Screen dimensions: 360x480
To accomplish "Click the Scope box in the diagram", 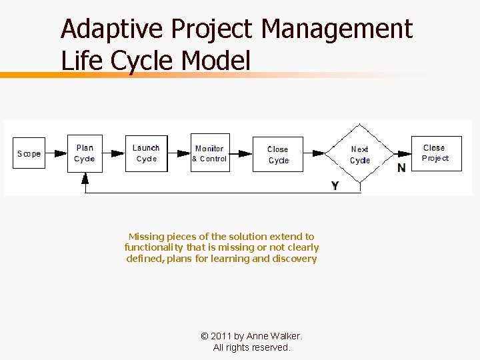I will tap(29, 153).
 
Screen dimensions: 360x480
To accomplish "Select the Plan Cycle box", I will tap(85, 153).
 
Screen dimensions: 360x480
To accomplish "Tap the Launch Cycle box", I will tap(146, 153).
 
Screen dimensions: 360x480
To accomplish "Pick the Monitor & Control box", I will tap(210, 153).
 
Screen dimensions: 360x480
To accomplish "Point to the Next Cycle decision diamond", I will tap(360, 154).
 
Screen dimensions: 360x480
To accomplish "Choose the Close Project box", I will tap(435, 153).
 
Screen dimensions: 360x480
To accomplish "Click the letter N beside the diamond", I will tap(401, 168).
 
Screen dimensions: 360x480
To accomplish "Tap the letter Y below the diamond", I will tap(335, 186).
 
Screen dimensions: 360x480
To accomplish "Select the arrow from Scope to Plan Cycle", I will tap(57, 153).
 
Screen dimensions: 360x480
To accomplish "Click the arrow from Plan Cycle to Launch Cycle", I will tap(114, 153).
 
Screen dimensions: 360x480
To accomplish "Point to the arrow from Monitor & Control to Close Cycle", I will tap(241, 153).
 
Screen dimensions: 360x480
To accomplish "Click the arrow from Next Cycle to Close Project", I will tap(401, 153).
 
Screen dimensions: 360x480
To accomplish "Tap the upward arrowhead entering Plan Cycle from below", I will tap(85, 178).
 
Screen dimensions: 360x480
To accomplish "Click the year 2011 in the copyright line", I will tap(221, 337).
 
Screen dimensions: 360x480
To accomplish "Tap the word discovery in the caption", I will tap(294, 259).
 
